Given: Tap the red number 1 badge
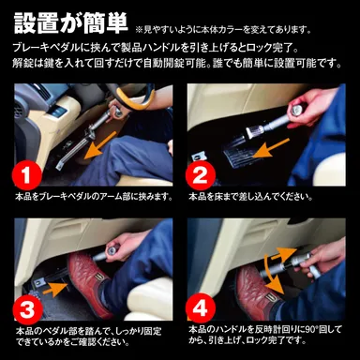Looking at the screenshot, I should click(29, 174).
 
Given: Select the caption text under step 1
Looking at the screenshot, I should click(93, 198).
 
